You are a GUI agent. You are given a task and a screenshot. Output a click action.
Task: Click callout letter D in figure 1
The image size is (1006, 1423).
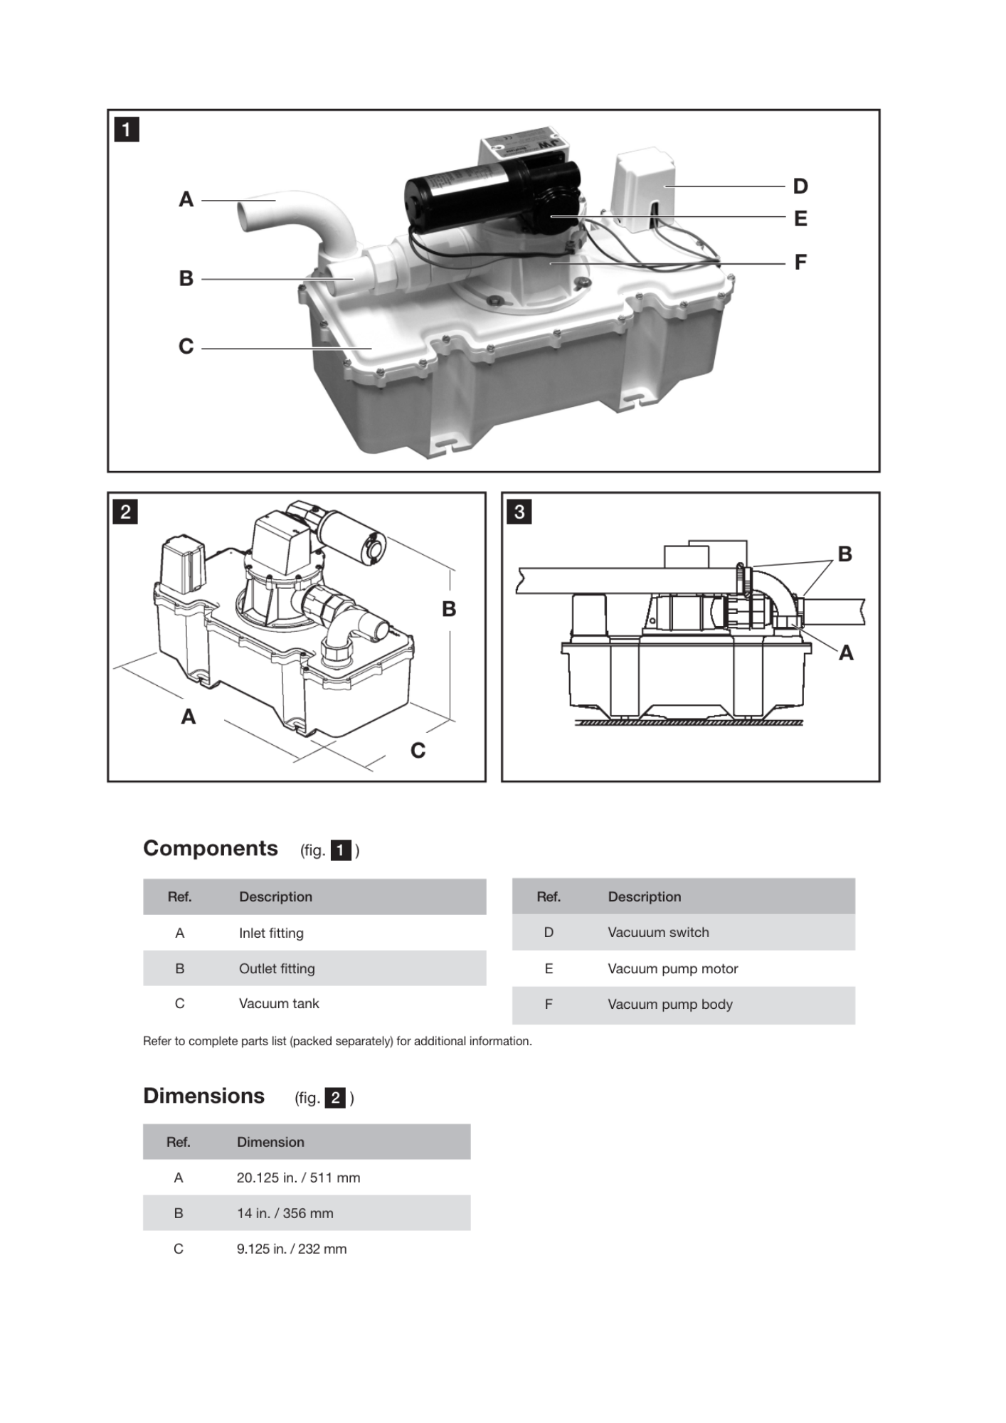[800, 186]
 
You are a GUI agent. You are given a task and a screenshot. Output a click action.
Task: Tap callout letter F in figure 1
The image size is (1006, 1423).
[800, 263]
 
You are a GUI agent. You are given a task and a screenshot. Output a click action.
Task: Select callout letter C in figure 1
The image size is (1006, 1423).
[186, 347]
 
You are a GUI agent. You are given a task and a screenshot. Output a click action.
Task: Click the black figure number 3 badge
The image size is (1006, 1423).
[519, 512]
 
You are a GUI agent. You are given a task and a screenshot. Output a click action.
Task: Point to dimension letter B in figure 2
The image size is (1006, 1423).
[449, 609]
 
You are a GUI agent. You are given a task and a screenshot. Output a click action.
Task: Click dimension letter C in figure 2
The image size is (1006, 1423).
[418, 751]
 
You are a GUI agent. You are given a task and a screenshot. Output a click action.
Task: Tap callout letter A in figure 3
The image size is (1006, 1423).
[846, 652]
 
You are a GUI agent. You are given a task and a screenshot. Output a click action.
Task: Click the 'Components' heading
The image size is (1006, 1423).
[211, 848]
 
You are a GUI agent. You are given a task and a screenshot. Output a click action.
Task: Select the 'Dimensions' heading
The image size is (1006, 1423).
[203, 1096]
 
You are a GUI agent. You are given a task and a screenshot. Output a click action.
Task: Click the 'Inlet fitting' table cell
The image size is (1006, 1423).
[271, 933]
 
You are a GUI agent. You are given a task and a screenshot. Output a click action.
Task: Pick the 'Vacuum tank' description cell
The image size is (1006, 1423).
[279, 1004]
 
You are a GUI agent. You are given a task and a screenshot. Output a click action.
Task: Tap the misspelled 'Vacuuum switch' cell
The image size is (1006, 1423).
[658, 932]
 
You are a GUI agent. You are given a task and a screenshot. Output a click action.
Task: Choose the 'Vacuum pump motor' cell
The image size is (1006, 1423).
[672, 968]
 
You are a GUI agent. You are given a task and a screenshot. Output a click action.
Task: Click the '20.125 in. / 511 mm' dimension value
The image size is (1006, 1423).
[298, 1178]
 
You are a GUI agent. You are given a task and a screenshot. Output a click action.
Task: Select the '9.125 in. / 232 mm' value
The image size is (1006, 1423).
[292, 1249]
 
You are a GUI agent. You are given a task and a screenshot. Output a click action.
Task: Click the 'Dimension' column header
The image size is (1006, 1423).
[270, 1142]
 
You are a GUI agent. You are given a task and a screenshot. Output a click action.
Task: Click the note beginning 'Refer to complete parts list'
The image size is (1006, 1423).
[337, 1041]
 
